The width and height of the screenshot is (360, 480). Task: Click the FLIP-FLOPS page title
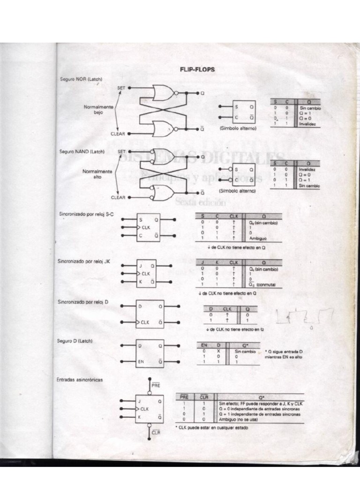tap(197, 69)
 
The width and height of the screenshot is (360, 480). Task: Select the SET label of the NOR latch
tap(121, 88)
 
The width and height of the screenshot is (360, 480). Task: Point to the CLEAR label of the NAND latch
tap(118, 197)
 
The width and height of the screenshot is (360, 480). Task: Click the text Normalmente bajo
tap(98, 110)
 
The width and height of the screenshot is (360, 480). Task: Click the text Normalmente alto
tap(97, 174)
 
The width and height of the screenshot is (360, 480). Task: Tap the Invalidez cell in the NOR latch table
tap(307, 124)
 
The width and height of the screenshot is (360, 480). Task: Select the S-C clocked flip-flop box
tap(148, 227)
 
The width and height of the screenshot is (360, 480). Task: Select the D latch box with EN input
tap(150, 353)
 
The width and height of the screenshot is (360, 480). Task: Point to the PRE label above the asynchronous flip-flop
tap(156, 385)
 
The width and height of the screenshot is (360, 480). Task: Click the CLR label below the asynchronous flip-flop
tap(156, 432)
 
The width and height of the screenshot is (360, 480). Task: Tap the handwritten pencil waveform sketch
tap(305, 317)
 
